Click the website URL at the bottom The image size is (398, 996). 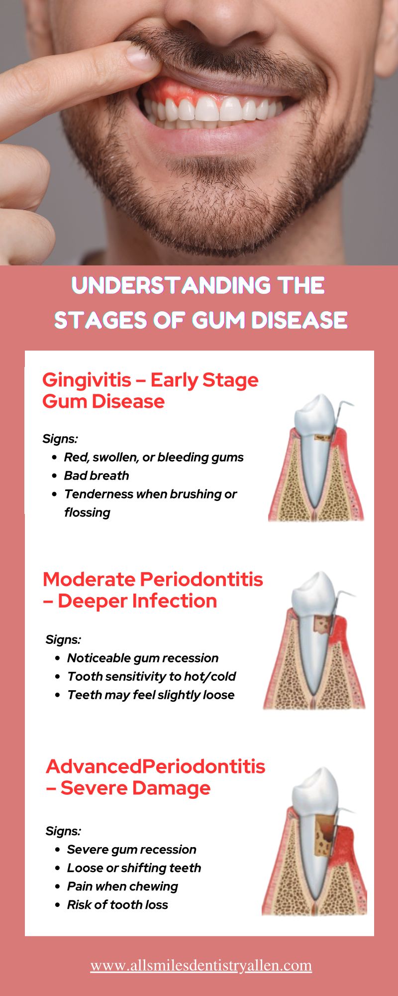point(201,966)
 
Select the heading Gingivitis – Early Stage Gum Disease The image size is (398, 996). point(150,390)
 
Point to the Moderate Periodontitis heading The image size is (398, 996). point(153,590)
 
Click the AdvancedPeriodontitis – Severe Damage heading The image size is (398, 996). point(155,777)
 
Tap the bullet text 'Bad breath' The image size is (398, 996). point(97,476)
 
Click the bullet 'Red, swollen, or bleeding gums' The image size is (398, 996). point(154,457)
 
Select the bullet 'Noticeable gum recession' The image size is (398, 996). point(143,658)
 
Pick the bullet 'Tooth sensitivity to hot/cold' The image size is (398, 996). point(151,676)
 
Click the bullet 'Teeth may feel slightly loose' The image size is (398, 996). point(151,695)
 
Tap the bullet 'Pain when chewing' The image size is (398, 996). point(122,886)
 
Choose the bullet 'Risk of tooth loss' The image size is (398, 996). point(117,905)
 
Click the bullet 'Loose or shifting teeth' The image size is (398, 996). point(134,868)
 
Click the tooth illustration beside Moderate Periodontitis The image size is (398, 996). point(314,640)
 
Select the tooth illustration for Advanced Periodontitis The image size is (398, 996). point(314,842)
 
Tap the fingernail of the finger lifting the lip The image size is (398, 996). point(141,56)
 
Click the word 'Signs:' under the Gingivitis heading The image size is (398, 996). point(60,439)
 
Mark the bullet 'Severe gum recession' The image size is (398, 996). point(131,850)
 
